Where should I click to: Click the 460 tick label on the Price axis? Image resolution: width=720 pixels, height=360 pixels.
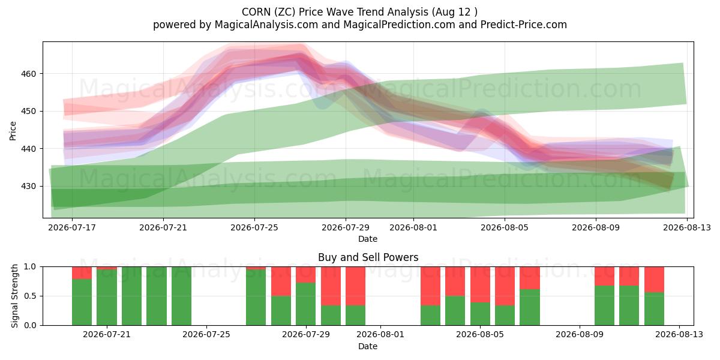coord(29,74)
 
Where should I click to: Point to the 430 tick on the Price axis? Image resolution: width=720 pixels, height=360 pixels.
coord(29,187)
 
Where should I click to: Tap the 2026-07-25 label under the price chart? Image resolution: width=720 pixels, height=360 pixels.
coord(254,227)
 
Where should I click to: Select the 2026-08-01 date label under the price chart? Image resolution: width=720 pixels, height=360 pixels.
coord(413,227)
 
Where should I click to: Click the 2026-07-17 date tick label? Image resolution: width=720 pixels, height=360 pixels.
coord(72,227)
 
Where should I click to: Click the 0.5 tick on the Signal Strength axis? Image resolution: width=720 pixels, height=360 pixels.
coord(30,296)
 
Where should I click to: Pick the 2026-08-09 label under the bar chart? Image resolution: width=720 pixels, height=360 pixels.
coord(580,334)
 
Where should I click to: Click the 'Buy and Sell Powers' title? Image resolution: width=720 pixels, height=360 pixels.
coord(368,257)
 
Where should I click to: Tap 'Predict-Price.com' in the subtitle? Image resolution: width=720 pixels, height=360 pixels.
coord(524,25)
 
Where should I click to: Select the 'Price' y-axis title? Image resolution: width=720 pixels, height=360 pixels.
coord(13,131)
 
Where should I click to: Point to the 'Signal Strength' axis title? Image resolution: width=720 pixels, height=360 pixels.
coord(14,296)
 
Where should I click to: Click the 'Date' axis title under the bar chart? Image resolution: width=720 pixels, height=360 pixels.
coord(368,346)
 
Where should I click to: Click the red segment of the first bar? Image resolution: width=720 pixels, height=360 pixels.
coord(82,273)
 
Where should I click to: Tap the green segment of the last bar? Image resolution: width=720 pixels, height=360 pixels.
coord(654,309)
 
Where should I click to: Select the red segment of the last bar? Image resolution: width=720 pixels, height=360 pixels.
coord(654,280)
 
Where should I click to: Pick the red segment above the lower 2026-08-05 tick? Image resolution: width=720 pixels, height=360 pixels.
coord(480,284)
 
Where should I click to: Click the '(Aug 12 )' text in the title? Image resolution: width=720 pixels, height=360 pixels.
coord(455,12)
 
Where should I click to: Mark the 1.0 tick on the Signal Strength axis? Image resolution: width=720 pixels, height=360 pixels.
coord(30,267)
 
